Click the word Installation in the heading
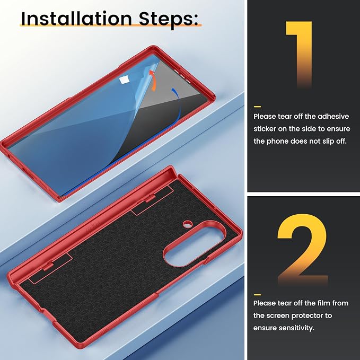tap(76, 19)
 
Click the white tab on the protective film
tap(124, 80)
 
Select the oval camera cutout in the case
tap(194, 243)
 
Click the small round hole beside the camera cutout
tap(187, 224)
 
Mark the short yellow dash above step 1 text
tap(257, 107)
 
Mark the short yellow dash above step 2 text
tap(257, 295)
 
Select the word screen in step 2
tap(276, 315)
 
